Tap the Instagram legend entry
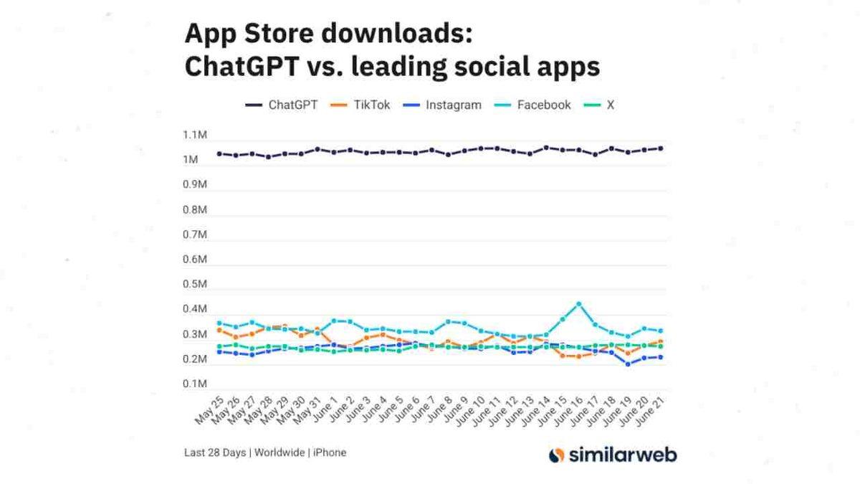click(x=443, y=105)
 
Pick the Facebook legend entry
click(x=534, y=105)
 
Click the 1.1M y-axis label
click(x=196, y=135)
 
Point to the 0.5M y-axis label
click(x=196, y=285)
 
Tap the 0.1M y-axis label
click(x=196, y=384)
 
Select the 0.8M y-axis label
click(x=196, y=210)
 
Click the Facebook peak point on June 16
click(x=579, y=304)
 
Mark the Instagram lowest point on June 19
click(x=628, y=364)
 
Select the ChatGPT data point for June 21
click(x=660, y=148)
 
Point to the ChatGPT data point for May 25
click(x=219, y=153)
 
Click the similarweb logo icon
click(x=556, y=455)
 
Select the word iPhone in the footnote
click(x=330, y=452)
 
